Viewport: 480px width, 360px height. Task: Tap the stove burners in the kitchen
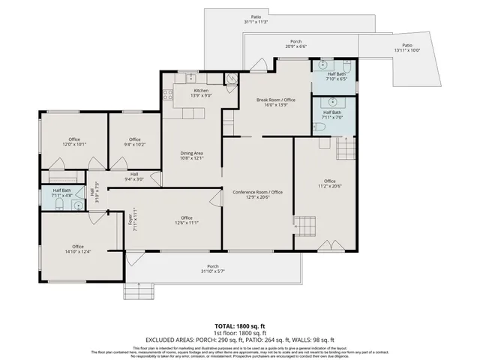point(167,94)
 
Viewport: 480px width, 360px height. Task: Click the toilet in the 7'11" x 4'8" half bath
point(59,202)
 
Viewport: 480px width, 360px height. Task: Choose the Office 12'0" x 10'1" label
point(74,142)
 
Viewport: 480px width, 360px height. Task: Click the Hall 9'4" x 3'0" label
point(134,176)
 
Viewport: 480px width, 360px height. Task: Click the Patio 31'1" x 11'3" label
point(256,19)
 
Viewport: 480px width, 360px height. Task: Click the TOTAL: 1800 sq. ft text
point(239,326)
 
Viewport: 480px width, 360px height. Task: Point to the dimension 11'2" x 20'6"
point(330,187)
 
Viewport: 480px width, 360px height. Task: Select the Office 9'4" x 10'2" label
point(134,142)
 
